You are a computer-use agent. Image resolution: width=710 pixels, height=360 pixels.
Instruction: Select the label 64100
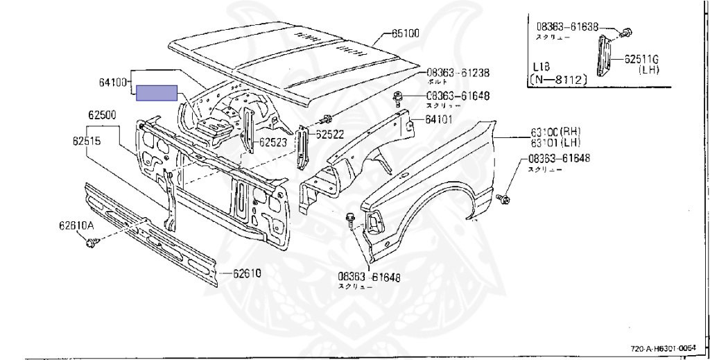coord(112,83)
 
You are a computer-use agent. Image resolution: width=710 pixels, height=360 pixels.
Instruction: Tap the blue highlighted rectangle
coord(157,93)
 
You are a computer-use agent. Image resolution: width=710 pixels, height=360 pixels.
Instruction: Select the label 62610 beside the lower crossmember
coord(246,273)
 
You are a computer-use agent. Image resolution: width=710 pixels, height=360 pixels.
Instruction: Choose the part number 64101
coord(439,119)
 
